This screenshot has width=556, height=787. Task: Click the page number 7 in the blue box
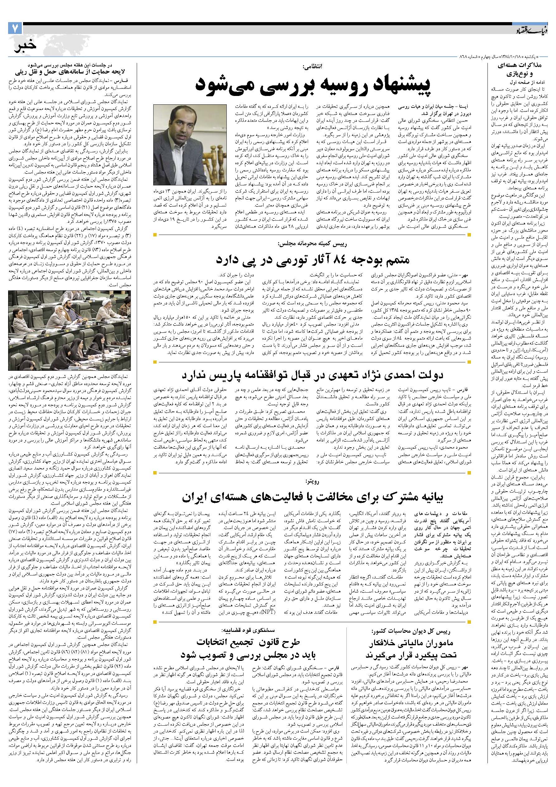(15, 28)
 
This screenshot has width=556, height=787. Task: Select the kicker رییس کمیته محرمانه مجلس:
(313, 244)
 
